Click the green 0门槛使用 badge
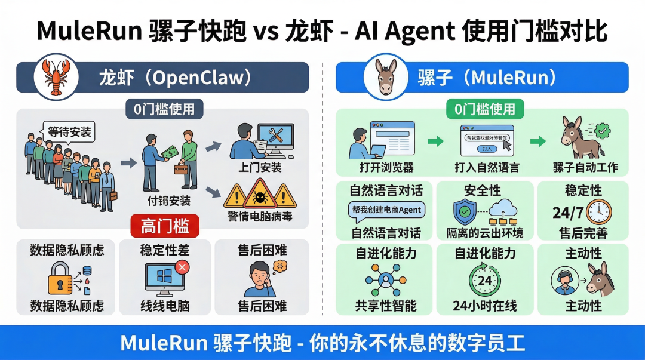pyautogui.click(x=485, y=109)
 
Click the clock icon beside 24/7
pyautogui.click(x=598, y=211)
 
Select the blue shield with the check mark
pyautogui.click(x=464, y=211)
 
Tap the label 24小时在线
pyautogui.click(x=485, y=306)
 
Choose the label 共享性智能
pyautogui.click(x=385, y=306)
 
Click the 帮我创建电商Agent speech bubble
pyautogui.click(x=385, y=210)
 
